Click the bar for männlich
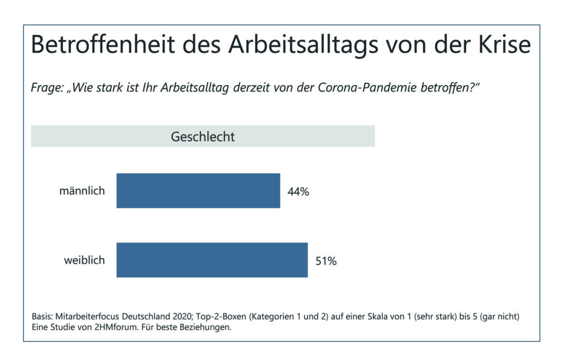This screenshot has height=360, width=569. [x=198, y=191]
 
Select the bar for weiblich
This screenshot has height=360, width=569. [x=212, y=260]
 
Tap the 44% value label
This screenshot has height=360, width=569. [x=298, y=192]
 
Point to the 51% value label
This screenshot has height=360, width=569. [x=326, y=261]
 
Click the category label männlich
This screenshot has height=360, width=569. [x=82, y=191]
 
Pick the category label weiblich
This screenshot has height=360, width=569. [x=84, y=260]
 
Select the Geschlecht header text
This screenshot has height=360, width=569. [x=202, y=137]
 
